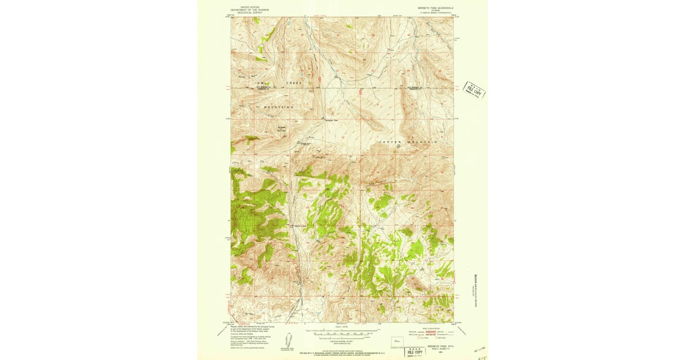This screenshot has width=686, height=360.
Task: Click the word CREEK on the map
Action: (x=293, y=83)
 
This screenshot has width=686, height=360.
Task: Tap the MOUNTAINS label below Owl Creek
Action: (x=278, y=107)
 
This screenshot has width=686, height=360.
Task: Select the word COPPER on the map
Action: (x=392, y=142)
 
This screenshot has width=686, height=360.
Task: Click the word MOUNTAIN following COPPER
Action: (x=424, y=142)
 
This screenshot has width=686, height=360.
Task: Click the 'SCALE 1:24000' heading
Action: (x=342, y=327)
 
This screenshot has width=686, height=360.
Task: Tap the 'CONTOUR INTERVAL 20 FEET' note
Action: (x=342, y=341)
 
